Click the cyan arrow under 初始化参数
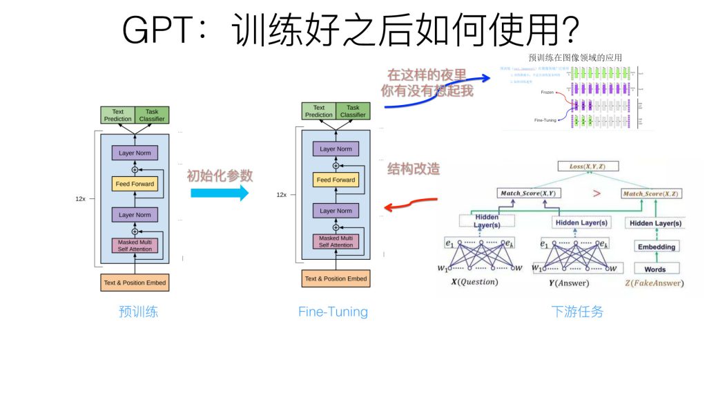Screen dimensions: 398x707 pyautogui.click(x=219, y=193)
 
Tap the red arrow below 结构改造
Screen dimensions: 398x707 pyautogui.click(x=411, y=204)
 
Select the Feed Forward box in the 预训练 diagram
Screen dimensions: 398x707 pyautogui.click(x=135, y=184)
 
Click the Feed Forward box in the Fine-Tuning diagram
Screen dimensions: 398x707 pyautogui.click(x=336, y=180)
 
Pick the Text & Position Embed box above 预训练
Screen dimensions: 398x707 pyautogui.click(x=135, y=283)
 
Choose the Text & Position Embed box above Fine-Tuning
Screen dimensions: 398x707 pyautogui.click(x=336, y=278)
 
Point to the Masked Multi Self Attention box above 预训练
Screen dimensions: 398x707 pyautogui.click(x=135, y=245)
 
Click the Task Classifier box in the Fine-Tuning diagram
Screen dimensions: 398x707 pyautogui.click(x=353, y=111)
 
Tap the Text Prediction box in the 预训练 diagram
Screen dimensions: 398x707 pyautogui.click(x=118, y=115)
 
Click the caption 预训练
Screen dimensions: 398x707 pyautogui.click(x=138, y=312)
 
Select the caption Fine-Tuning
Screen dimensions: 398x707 pyautogui.click(x=333, y=312)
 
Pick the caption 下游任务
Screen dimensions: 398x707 pyautogui.click(x=577, y=312)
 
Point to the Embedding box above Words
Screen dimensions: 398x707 pyautogui.click(x=656, y=247)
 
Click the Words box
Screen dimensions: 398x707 pyautogui.click(x=655, y=268)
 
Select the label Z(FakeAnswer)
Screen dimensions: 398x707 pyautogui.click(x=653, y=283)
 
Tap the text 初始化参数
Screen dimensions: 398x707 pyautogui.click(x=220, y=175)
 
